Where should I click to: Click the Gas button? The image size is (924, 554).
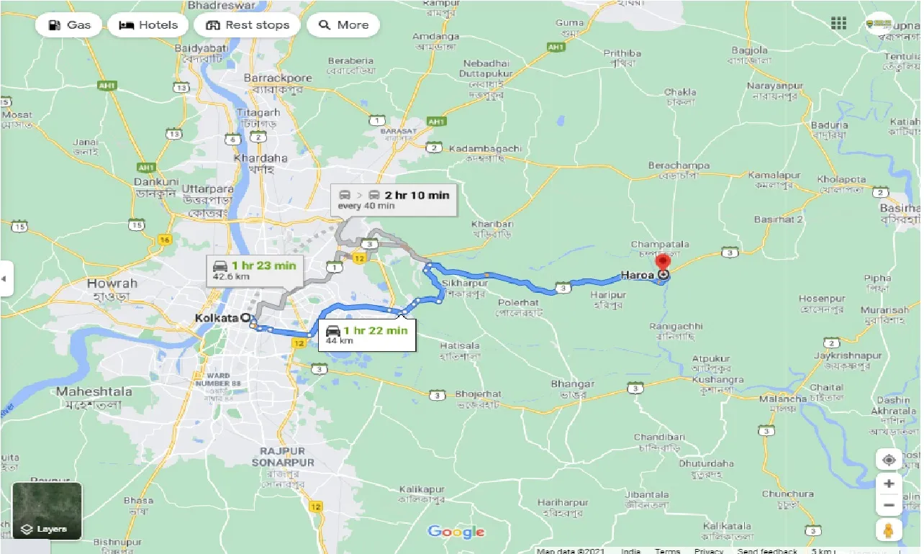tap(69, 25)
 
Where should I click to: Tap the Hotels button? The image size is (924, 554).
tap(148, 25)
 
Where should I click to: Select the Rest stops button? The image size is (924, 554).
tap(247, 25)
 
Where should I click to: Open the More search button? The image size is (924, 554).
tap(343, 25)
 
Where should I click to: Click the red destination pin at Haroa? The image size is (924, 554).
tap(662, 263)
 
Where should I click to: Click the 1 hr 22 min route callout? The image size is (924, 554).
tap(366, 335)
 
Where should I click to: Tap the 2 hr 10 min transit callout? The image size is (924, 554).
tap(394, 199)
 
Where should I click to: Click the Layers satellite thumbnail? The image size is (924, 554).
tap(47, 511)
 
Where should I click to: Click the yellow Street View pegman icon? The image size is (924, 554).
tap(889, 530)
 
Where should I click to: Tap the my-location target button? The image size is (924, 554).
tap(889, 460)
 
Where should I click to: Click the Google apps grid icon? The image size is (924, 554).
tap(838, 24)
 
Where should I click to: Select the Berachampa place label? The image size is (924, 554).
tap(678, 165)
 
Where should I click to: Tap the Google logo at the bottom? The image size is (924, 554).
tap(456, 532)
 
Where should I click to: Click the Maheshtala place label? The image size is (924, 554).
tap(94, 391)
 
